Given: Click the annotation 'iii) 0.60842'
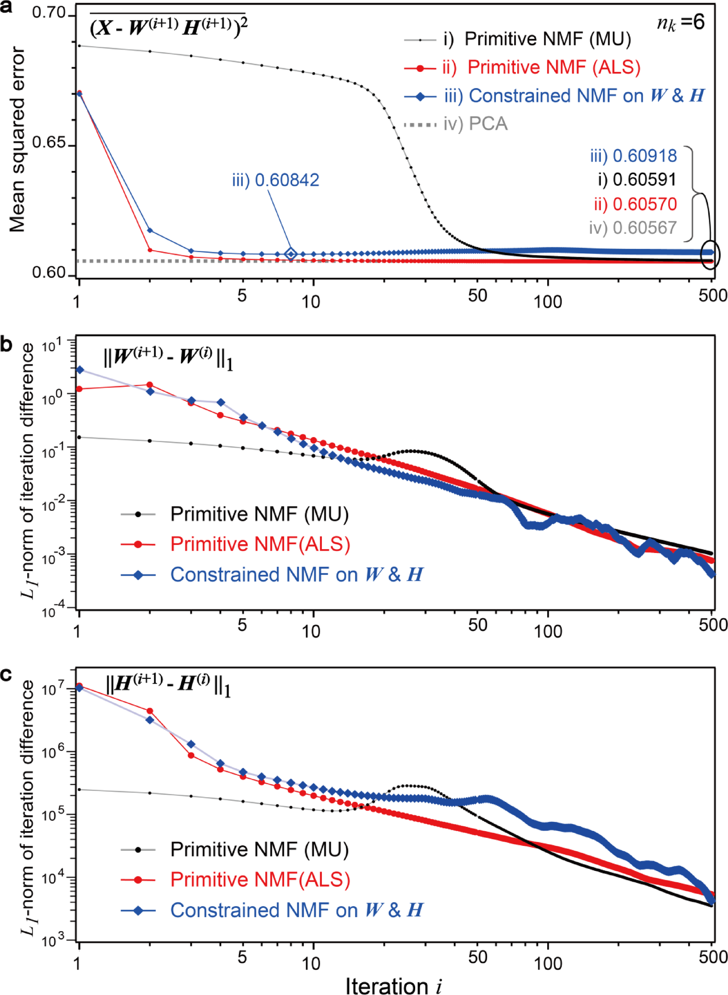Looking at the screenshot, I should (275, 180).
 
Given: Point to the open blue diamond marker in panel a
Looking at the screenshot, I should (291, 254).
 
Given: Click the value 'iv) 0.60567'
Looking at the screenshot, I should (632, 228).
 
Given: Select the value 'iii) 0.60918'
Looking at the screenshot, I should (633, 156).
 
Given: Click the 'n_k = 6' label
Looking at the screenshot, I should (680, 22).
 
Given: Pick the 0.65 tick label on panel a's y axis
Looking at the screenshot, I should (49, 143).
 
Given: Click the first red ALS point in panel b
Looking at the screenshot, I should (79, 389).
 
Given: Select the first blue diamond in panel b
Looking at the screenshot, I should (80, 370).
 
